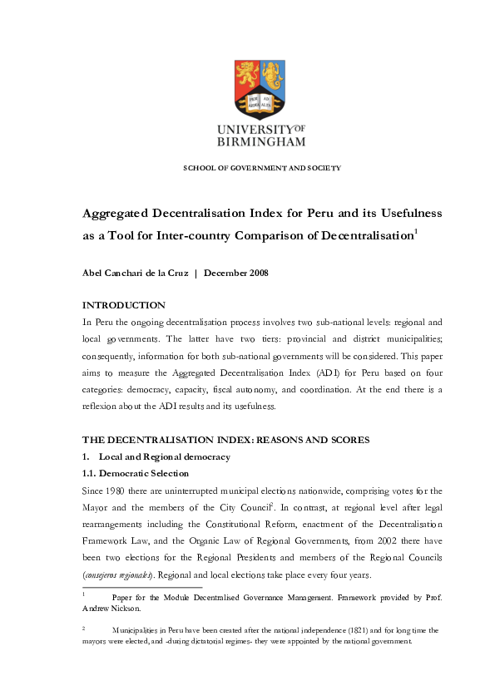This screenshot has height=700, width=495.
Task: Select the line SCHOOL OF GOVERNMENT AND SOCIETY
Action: pos(261,169)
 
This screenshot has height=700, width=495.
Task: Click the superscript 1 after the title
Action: pos(416,231)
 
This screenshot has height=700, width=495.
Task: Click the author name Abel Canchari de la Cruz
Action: pos(134,274)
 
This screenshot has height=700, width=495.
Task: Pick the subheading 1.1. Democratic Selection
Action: pos(136,473)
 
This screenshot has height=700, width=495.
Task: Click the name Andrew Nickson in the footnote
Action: pos(109,608)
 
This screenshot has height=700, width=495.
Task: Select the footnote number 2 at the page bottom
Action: pos(84,629)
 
